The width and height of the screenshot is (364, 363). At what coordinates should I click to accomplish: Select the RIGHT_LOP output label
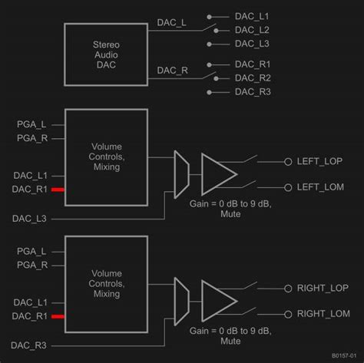(323, 289)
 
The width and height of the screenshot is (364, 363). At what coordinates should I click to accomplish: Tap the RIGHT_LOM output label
(323, 314)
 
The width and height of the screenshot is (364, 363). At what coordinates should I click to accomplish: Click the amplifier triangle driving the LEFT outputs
(217, 173)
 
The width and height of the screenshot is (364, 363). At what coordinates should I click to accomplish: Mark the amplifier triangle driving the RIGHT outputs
(217, 300)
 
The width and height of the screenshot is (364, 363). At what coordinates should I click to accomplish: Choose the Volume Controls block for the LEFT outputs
(105, 157)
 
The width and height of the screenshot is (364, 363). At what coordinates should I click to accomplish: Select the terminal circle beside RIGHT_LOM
(288, 314)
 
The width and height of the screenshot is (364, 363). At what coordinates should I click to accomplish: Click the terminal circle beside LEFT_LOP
(288, 161)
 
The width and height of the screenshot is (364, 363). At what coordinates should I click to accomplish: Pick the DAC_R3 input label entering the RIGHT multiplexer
(28, 346)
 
